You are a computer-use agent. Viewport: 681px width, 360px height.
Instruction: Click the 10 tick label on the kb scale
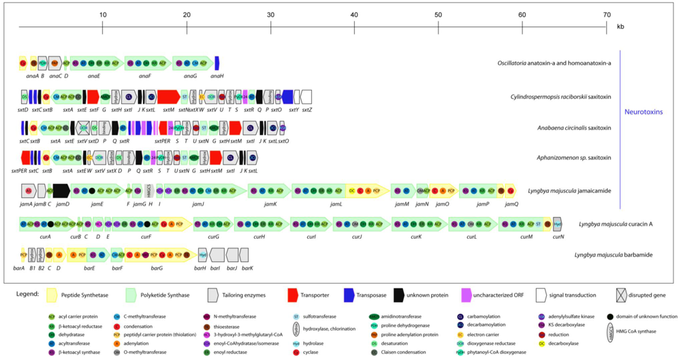click(102, 14)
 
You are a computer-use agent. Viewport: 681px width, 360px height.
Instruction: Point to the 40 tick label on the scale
click(353, 14)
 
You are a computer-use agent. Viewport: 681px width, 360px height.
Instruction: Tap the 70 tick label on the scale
click(606, 14)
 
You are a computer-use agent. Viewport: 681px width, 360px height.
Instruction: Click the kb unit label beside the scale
click(620, 27)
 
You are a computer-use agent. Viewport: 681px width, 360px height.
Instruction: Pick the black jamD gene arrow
click(61, 191)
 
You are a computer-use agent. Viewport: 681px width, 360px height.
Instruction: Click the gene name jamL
click(336, 203)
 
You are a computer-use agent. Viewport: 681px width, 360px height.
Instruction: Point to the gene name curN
click(558, 236)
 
